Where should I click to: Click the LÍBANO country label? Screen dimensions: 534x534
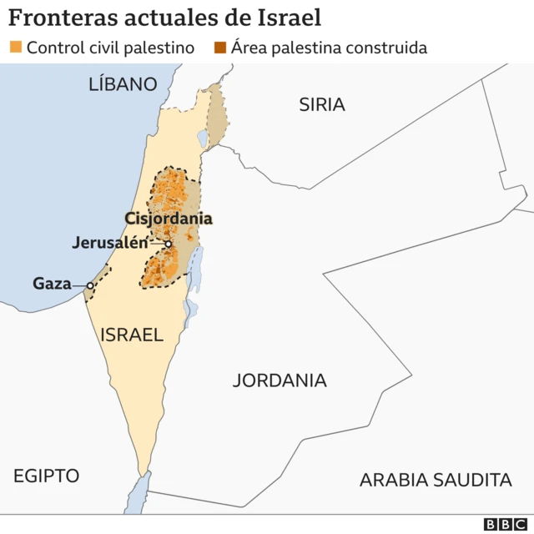tap(123, 84)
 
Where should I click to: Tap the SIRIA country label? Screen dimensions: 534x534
tap(322, 104)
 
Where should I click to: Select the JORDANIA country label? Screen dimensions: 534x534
tap(280, 380)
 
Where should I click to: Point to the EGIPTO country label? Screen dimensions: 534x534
tap(46, 476)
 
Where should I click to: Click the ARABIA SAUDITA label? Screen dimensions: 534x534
tap(435, 480)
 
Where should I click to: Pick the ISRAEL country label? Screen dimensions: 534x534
tap(131, 335)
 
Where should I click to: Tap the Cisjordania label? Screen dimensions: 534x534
tap(169, 219)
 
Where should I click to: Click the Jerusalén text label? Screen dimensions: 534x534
tap(109, 244)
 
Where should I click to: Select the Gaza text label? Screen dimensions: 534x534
tap(52, 284)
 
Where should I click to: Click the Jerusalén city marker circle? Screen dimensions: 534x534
tap(168, 244)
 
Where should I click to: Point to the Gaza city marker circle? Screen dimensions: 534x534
tap(90, 285)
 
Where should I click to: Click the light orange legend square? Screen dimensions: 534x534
tap(16, 48)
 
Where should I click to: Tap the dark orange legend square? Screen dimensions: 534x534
tap(220, 48)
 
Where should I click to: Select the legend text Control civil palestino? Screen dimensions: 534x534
tap(110, 48)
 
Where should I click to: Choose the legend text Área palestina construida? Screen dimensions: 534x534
tap(329, 48)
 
